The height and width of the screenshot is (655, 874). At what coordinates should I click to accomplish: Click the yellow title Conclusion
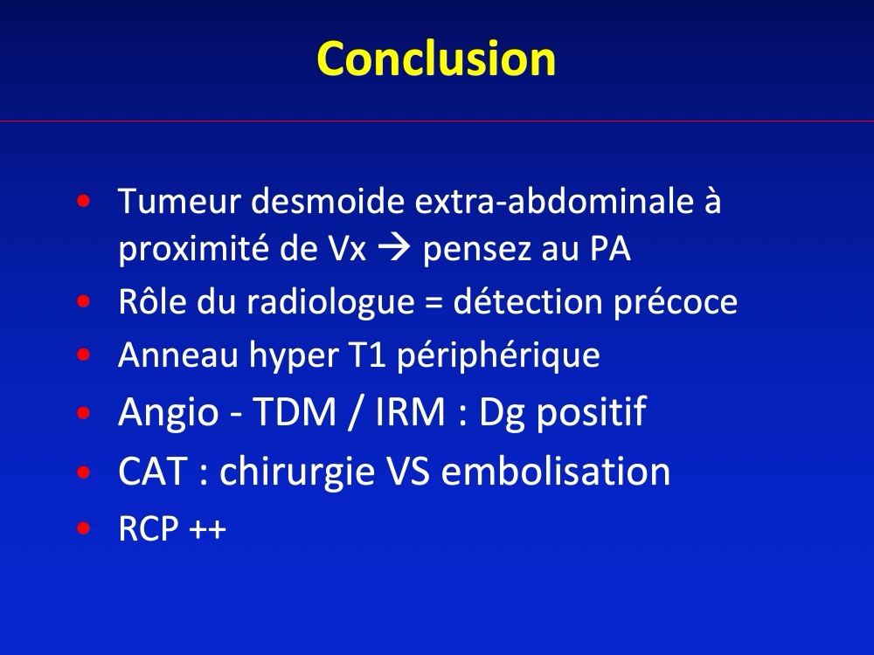[x=436, y=59]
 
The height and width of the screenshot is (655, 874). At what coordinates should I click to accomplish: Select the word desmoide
[x=328, y=201]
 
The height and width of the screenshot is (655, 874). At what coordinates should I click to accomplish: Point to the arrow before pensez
[x=394, y=248]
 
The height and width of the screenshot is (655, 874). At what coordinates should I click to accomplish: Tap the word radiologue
[x=330, y=301]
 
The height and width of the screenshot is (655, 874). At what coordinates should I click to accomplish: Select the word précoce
[x=676, y=302]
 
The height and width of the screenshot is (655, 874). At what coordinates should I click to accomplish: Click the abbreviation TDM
[x=295, y=412]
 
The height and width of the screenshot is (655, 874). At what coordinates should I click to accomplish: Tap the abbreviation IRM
[x=410, y=412]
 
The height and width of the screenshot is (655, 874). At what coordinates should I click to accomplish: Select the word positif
[x=590, y=413]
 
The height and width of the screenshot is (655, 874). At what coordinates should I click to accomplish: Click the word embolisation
[x=556, y=472]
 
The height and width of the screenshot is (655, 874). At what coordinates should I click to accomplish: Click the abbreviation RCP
[x=149, y=528]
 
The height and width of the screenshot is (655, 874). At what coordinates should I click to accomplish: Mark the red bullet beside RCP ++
[x=84, y=528]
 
